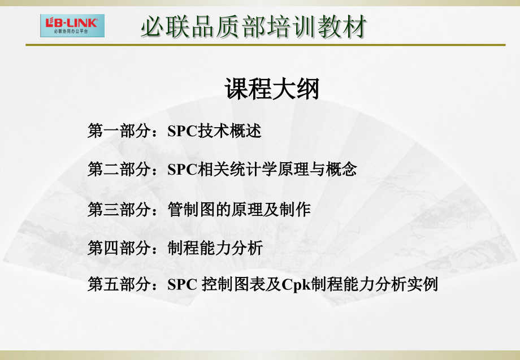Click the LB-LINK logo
tap(72, 25)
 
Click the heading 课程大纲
tap(272, 89)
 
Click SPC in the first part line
tap(181, 132)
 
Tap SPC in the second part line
tap(181, 169)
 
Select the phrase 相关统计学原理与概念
tap(277, 169)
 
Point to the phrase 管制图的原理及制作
tap(239, 210)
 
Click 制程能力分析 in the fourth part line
tap(215, 248)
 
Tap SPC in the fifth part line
tap(181, 284)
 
